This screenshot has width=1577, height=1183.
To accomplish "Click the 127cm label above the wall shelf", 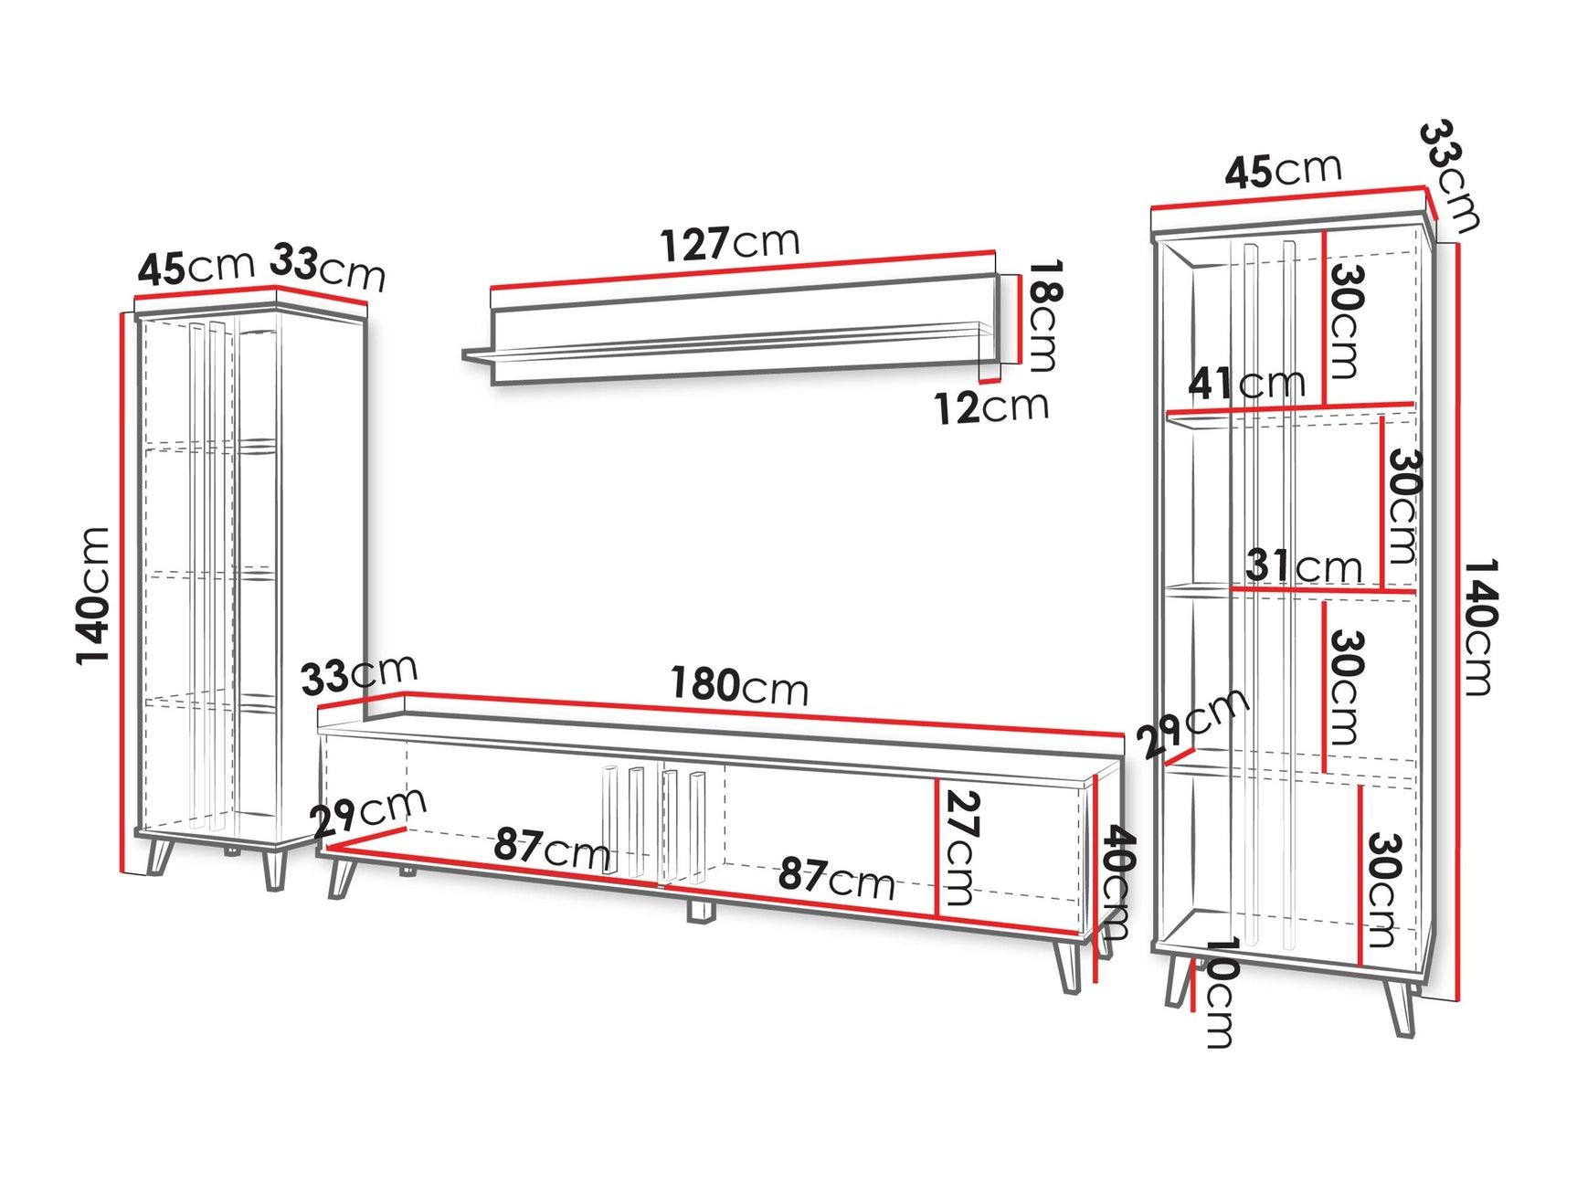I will point(729,243).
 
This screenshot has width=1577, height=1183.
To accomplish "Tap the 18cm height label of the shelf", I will point(1043,315).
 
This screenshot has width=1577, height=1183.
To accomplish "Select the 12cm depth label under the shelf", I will point(991,407).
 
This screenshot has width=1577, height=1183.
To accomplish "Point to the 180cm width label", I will point(739,685).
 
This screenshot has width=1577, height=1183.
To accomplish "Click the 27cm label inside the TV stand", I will point(961,847).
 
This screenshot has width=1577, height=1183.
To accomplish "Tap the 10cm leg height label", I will point(1221,991).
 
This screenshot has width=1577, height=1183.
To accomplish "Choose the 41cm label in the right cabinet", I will point(1246,383).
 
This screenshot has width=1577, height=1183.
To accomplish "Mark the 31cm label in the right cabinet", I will point(1303,566).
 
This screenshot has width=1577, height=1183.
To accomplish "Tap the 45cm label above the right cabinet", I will point(1283,171).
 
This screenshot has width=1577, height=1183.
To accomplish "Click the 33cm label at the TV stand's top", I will point(358,674).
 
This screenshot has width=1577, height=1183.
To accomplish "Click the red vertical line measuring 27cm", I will point(937,847).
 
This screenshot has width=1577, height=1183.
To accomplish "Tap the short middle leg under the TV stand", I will point(700,911).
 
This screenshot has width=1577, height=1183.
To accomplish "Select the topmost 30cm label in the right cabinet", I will point(1344,321).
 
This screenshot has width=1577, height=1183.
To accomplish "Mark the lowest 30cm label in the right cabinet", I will point(1382,890).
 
